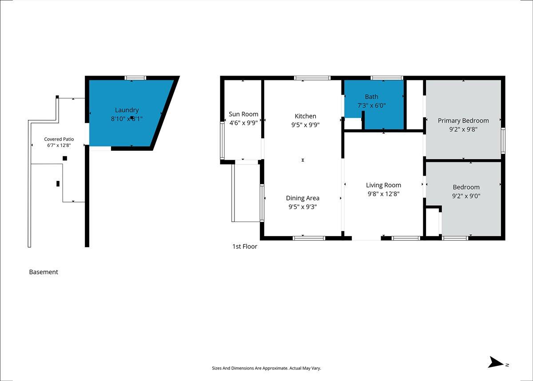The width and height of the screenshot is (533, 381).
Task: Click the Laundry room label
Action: click(127, 110)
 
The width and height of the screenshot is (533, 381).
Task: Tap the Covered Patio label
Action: click(59, 139)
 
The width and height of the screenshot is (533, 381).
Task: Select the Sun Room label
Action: click(243, 114)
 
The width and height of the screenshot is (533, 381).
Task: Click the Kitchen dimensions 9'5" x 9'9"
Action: click(305, 125)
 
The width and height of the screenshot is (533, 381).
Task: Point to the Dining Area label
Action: click(302, 198)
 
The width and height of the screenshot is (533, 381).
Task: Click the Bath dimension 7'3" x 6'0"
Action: click(371, 105)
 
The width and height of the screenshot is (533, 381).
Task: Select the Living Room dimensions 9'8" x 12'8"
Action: click(383, 194)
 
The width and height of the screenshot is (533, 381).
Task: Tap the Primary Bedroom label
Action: click(463, 121)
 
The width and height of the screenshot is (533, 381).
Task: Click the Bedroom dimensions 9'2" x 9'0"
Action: click(466, 196)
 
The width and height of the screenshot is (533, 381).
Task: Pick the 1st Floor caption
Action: click(245, 246)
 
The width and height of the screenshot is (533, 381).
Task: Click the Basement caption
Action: click(44, 272)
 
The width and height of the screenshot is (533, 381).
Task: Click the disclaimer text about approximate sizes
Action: click(266, 368)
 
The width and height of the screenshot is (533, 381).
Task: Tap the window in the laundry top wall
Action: click(135, 78)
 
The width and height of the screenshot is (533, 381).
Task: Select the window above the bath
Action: click(387, 78)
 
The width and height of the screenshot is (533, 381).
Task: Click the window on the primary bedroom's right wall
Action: click(503, 141)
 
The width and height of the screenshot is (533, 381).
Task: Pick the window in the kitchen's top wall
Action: click(312, 78)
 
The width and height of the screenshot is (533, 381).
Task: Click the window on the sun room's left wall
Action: click(222, 140)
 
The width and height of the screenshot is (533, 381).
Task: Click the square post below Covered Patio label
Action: click(65, 158)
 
